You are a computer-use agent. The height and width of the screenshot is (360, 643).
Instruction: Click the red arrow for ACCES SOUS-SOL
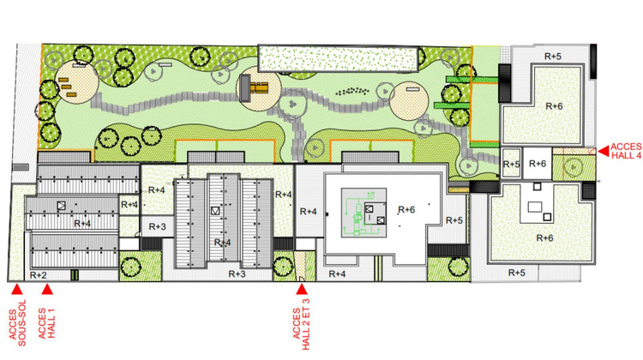click(x=17, y=290)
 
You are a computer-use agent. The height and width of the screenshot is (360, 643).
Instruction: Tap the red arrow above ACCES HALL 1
click(x=47, y=290)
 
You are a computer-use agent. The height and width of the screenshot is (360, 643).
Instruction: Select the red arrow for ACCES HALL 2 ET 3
click(x=302, y=290)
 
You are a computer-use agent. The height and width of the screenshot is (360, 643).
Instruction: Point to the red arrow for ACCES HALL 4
click(x=603, y=152)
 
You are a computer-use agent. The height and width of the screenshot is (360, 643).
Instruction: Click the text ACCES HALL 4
click(x=626, y=151)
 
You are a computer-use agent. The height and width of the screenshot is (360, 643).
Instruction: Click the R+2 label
click(x=38, y=275)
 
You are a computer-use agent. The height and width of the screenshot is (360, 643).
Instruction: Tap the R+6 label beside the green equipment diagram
click(x=406, y=210)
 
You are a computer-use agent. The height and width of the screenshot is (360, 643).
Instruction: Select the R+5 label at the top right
click(x=553, y=57)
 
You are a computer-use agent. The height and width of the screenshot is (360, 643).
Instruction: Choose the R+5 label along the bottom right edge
click(x=517, y=273)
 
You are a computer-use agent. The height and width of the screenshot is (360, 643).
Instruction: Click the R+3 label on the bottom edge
click(x=237, y=274)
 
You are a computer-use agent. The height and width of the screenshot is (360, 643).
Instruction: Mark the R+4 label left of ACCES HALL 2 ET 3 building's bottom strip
click(x=337, y=274)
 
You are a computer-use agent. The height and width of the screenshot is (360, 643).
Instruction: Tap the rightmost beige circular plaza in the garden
click(x=409, y=101)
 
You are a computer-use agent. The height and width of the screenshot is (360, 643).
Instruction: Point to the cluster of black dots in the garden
click(x=352, y=91)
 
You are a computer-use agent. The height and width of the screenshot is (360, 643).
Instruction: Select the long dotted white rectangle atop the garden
click(x=339, y=58)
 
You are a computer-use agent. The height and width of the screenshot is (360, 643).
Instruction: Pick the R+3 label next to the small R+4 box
click(x=158, y=227)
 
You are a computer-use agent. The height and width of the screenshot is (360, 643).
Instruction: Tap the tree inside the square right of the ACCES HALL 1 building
click(x=131, y=266)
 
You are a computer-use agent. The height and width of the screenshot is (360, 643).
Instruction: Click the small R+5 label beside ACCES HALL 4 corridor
click(x=511, y=165)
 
